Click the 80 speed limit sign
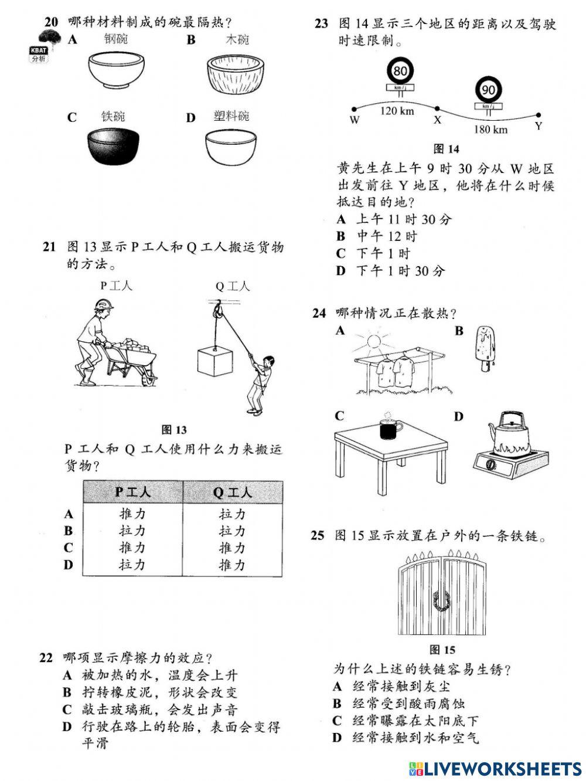click(x=400, y=72)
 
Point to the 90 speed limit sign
click(x=488, y=90)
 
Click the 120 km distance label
click(x=397, y=111)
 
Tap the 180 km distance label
click(x=490, y=129)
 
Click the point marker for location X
click(x=437, y=108)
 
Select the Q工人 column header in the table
click(x=232, y=491)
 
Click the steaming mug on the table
click(x=388, y=429)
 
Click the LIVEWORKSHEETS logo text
click(x=502, y=769)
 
